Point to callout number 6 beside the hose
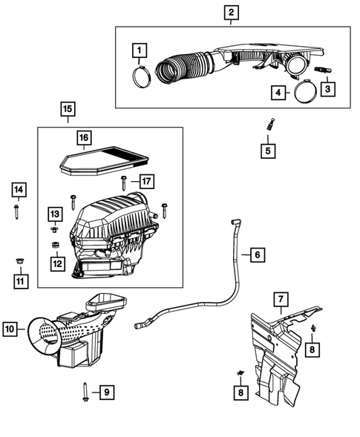(256, 255)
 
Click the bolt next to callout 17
(124, 182)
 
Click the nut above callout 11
(19, 260)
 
